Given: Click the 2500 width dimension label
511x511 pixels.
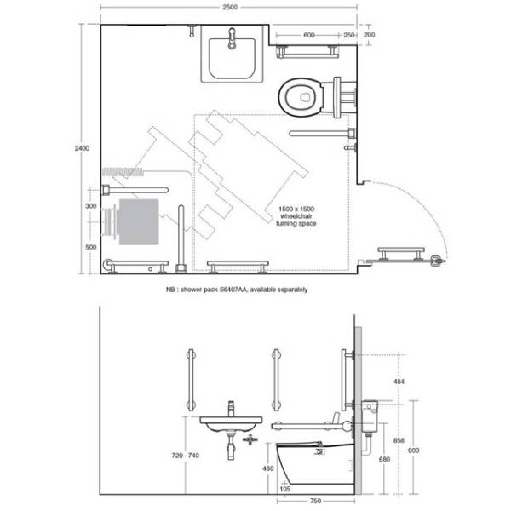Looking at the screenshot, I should coord(229,7).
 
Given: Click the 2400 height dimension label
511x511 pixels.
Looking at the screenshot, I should coord(82,148).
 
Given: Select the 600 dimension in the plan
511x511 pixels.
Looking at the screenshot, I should coord(308,36).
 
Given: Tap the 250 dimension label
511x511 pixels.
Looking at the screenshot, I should coord(349,36).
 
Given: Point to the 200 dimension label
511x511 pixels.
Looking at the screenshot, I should coord(369,36).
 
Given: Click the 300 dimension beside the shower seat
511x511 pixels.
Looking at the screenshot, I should coord(90,207).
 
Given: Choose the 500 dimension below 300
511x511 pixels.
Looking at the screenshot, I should coord(90,246).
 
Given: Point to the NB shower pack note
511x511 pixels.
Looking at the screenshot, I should coord(237,290).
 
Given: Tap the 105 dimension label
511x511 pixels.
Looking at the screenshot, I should coord(286,489).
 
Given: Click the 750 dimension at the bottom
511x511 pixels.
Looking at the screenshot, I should coord(314,501).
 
